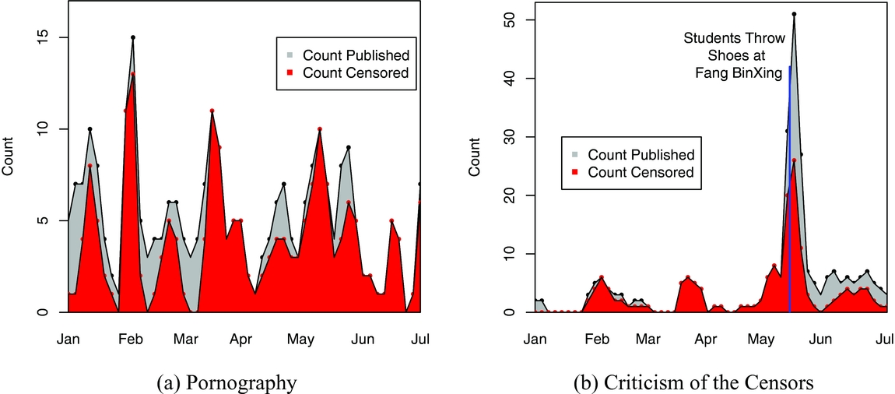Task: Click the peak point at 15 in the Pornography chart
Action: (x=133, y=37)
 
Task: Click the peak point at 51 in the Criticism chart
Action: (x=794, y=14)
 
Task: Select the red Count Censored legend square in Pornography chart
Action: (x=289, y=73)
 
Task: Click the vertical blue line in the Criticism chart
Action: (x=790, y=195)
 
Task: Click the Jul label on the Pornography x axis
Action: (x=421, y=339)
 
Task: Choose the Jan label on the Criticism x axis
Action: (x=535, y=339)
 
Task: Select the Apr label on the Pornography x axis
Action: (x=241, y=339)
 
